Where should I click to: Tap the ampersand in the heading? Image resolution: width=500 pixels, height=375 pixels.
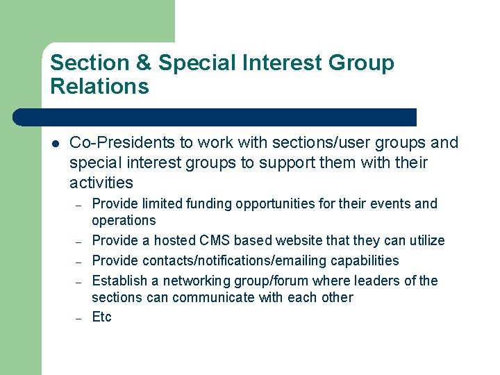[144, 63]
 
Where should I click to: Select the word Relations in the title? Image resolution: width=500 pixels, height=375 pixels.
[99, 87]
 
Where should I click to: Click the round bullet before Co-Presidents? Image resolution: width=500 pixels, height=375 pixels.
[56, 144]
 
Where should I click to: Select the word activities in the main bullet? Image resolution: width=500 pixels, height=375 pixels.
[101, 183]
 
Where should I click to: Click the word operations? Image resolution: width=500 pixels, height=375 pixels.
[124, 221]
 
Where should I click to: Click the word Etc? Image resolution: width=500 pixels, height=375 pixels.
[101, 318]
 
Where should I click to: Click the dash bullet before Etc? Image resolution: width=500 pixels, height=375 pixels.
[79, 318]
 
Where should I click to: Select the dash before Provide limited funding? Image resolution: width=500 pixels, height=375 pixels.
[79, 205]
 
